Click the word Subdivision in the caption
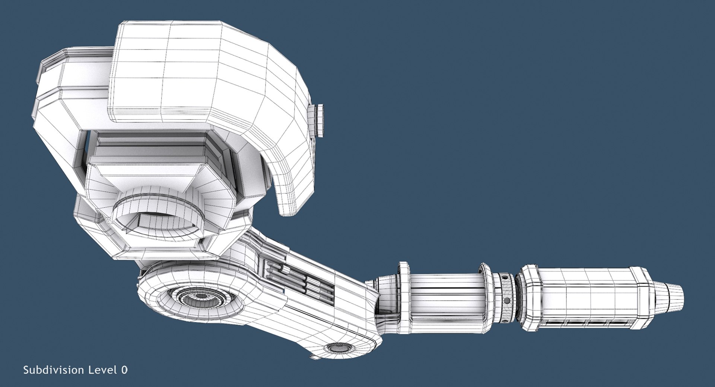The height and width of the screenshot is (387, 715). click(54, 370)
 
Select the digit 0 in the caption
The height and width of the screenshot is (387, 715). click(124, 370)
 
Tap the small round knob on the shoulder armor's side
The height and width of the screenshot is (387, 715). click(319, 120)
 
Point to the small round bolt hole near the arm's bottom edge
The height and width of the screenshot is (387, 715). click(339, 349)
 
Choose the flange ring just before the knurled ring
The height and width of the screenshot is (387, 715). click(486, 298)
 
